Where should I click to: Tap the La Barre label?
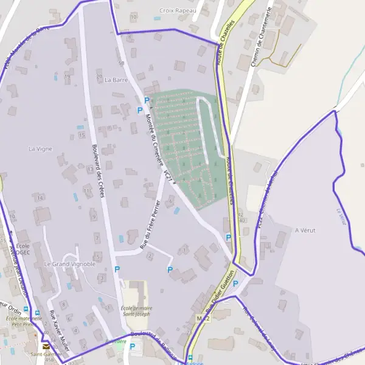click(x=115, y=80)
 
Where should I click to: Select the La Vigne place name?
click(x=41, y=148)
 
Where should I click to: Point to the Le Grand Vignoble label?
click(x=70, y=264)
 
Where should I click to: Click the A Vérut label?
click(x=304, y=230)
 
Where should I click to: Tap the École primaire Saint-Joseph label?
click(x=136, y=310)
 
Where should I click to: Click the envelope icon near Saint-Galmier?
click(x=47, y=346)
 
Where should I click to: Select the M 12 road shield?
click(x=203, y=319)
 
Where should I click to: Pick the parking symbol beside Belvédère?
click(x=133, y=347)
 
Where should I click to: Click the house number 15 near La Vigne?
click(x=81, y=134)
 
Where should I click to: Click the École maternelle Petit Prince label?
click(x=24, y=321)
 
